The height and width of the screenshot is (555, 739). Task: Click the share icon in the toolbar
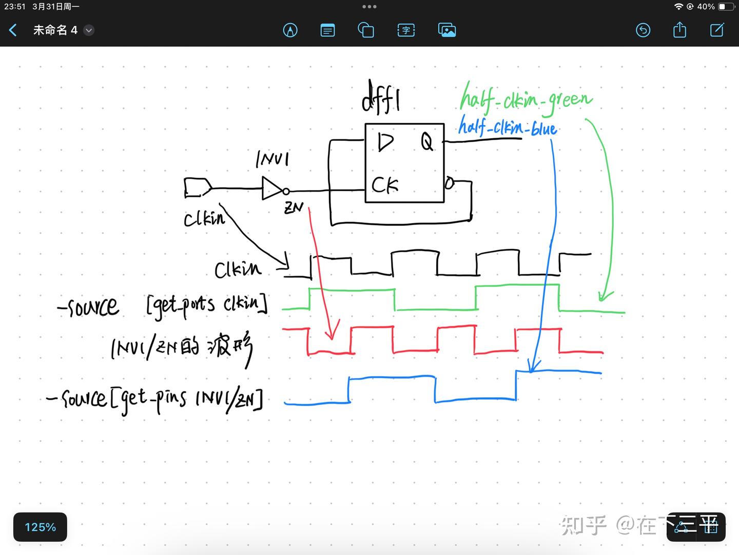click(x=679, y=30)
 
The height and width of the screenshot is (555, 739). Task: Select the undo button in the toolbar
click(x=643, y=30)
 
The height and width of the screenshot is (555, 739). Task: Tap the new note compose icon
click(x=717, y=30)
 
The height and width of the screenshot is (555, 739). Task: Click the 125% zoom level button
click(x=40, y=527)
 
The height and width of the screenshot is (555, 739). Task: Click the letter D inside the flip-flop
click(x=385, y=142)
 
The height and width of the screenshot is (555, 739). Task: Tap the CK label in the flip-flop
click(x=385, y=185)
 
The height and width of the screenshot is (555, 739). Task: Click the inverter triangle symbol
click(x=271, y=189)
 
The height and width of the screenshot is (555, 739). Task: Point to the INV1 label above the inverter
click(x=273, y=159)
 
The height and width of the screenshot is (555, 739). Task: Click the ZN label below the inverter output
click(x=294, y=207)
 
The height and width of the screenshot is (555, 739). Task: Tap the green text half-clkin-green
click(x=526, y=99)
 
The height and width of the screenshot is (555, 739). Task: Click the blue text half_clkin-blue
click(x=507, y=126)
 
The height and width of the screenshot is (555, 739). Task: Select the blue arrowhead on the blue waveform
click(x=533, y=366)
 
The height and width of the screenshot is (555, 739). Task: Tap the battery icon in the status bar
click(x=726, y=7)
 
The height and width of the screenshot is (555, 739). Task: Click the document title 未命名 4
click(x=55, y=30)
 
